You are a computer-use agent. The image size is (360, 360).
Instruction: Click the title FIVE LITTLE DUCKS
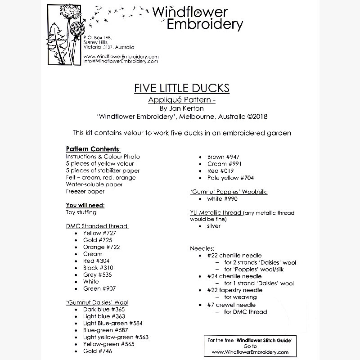tap(182, 88)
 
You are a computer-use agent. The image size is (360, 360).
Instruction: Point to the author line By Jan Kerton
tap(182, 108)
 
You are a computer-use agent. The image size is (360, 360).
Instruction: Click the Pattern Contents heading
tap(93, 149)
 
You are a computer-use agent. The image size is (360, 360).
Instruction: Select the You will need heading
tap(85, 205)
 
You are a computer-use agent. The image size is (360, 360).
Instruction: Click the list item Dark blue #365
tap(104, 309)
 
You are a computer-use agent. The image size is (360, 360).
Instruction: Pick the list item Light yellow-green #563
tap(116, 337)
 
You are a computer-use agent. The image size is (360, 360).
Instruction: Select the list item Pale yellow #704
tap(230, 178)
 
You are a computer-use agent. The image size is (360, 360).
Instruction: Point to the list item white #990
tap(222, 198)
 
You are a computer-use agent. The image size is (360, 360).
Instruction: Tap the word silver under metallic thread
tap(214, 226)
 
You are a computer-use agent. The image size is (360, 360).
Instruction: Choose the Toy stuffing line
tap(81, 212)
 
